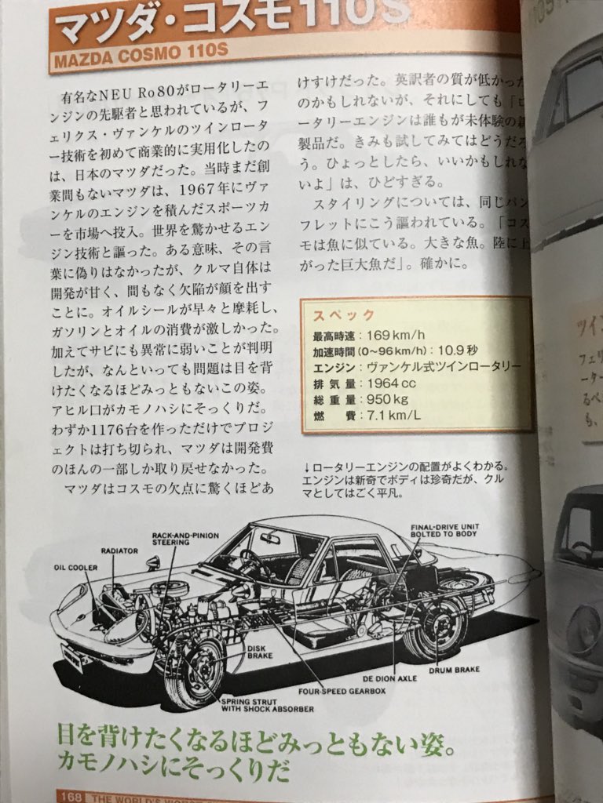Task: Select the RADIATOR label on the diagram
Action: coord(119,551)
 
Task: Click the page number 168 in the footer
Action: coord(71,797)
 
